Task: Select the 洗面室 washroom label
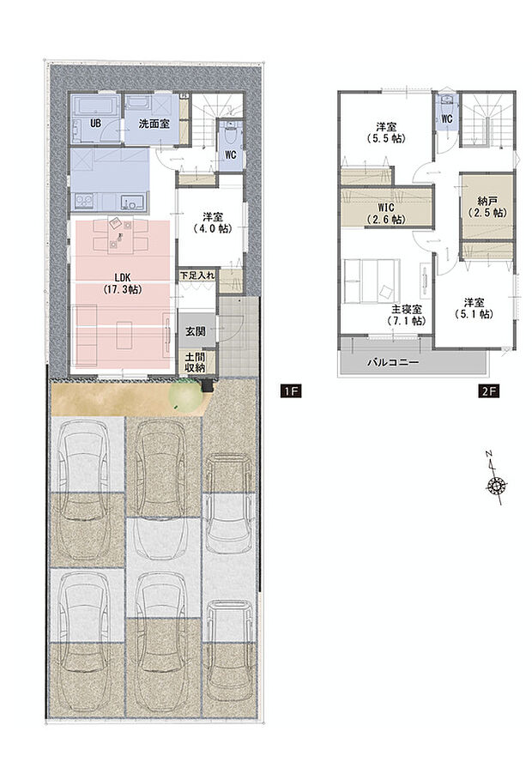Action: [153, 124]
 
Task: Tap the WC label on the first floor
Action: [230, 155]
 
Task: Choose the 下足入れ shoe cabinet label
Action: [196, 275]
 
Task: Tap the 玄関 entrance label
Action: [193, 330]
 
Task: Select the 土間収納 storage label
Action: [195, 361]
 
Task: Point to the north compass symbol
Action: [494, 485]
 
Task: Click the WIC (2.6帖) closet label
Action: [385, 214]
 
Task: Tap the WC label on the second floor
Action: [446, 118]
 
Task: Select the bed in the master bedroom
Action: [370, 283]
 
